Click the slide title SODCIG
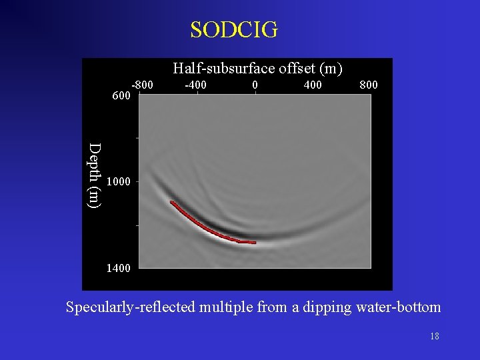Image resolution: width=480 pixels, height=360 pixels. [x=234, y=30]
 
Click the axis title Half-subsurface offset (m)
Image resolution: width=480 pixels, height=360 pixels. [x=257, y=68]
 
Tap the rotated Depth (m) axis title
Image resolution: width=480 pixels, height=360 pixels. [x=96, y=175]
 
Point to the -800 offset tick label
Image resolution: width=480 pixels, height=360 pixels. [x=142, y=85]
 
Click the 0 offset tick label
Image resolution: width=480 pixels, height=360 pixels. [x=255, y=85]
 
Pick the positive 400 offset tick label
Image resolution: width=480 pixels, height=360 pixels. [x=312, y=85]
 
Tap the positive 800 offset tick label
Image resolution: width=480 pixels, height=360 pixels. [x=369, y=85]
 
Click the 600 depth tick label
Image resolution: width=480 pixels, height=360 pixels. [x=121, y=96]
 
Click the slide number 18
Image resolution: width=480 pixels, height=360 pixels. [x=435, y=337]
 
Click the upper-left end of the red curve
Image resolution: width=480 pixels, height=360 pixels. [x=171, y=201]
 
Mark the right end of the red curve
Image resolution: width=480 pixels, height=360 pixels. [x=255, y=243]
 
